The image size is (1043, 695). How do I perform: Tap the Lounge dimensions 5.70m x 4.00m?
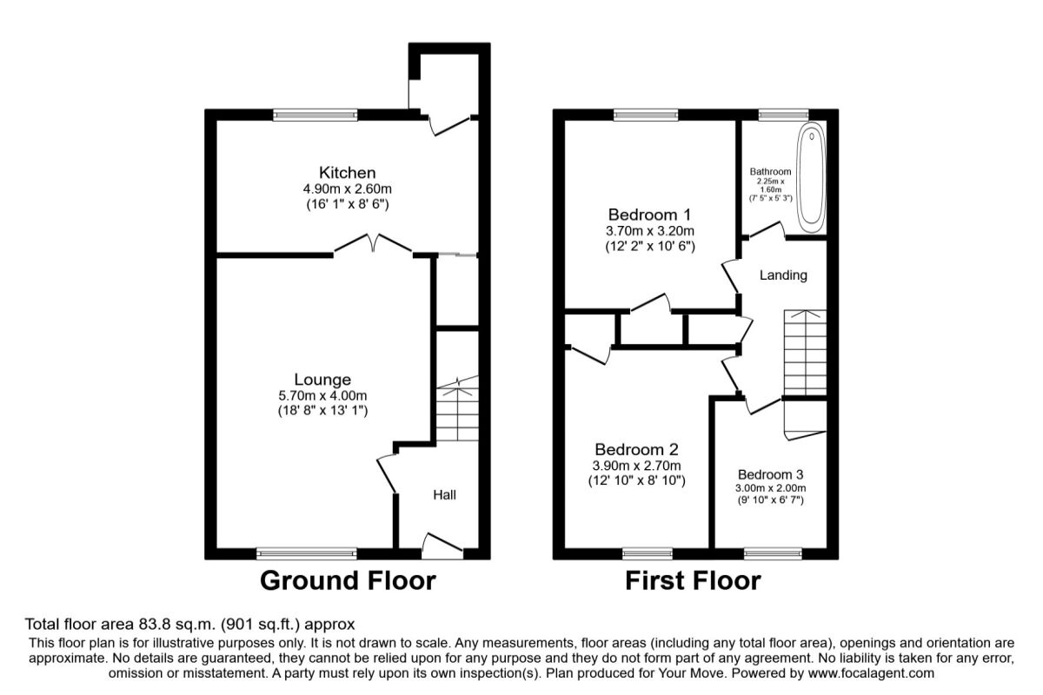pyautogui.click(x=322, y=395)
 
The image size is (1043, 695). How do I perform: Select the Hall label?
pyautogui.click(x=444, y=495)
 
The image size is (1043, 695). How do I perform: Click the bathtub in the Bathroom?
pyautogui.click(x=810, y=175)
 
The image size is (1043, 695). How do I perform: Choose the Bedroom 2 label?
pyautogui.click(x=636, y=449)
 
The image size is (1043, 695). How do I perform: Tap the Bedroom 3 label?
pyautogui.click(x=770, y=474)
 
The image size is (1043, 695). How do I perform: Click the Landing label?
pyautogui.click(x=783, y=275)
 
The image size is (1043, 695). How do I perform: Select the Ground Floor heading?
pyautogui.click(x=348, y=579)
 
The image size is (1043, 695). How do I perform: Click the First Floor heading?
pyautogui.click(x=693, y=579)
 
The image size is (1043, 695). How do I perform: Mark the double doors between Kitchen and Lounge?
pyautogui.click(x=373, y=245)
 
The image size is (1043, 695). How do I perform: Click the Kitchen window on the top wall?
pyautogui.click(x=315, y=115)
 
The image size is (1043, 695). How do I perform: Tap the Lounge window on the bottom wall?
pyautogui.click(x=307, y=553)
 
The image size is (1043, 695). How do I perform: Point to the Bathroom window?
pyautogui.click(x=783, y=115)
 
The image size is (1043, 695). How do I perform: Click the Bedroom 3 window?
pyautogui.click(x=773, y=553)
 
